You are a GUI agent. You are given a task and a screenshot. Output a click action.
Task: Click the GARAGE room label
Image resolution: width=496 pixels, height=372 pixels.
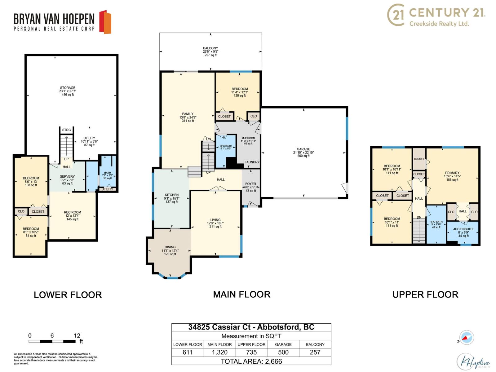point(303,149)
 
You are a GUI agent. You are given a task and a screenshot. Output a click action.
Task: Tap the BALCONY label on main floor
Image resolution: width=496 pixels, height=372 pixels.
point(210,48)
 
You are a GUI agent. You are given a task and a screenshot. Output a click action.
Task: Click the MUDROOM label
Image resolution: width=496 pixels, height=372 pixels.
point(248,138)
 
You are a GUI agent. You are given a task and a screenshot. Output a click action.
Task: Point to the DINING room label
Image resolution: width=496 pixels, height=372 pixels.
point(170,247)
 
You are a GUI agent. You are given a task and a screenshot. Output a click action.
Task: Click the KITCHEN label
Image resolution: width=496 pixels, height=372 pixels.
point(171,195)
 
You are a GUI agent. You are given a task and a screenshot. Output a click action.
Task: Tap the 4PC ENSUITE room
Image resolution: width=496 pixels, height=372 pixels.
point(463,232)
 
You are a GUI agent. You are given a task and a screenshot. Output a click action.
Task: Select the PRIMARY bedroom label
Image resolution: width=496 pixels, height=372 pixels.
point(452,173)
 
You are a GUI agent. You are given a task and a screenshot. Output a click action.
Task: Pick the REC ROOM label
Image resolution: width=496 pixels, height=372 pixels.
point(72,212)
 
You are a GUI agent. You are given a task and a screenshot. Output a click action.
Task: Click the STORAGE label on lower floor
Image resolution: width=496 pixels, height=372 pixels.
point(68,88)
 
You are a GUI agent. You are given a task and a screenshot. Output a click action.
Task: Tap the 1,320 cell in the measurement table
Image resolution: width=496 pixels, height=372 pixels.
point(219,352)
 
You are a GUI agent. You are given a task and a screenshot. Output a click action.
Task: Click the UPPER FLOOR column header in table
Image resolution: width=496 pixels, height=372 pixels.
point(251,344)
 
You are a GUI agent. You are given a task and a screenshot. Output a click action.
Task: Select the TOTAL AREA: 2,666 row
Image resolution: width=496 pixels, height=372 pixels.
point(251,361)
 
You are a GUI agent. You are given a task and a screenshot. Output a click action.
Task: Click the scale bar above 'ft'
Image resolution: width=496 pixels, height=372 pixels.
point(52,341)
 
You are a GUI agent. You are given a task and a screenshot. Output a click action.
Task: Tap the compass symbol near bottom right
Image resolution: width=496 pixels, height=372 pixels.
point(466,338)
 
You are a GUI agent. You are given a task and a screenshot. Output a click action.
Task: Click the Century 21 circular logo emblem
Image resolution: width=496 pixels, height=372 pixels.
point(396,15)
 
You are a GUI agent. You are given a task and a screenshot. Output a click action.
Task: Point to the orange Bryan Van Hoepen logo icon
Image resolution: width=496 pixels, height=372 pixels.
point(105,22)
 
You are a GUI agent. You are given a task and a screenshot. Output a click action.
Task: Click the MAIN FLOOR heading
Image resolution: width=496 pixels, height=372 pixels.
point(241,294)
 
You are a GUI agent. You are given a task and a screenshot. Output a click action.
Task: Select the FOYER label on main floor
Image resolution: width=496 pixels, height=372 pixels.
point(250,184)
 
